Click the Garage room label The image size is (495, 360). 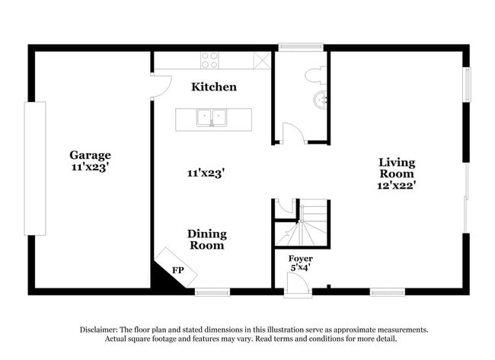[x=91, y=155]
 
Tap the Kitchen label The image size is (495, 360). [x=213, y=87]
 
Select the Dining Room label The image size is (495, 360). [x=206, y=240]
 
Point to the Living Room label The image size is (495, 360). [x=397, y=167]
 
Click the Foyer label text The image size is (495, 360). [x=300, y=259]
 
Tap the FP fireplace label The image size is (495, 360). [x=177, y=270]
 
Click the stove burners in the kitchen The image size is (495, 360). [x=209, y=60]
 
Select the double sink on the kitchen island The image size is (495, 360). [x=214, y=118]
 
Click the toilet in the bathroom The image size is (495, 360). [x=315, y=75]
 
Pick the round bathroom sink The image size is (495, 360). [x=321, y=99]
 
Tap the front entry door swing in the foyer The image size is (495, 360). [x=298, y=285]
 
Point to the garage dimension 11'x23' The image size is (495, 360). [x=91, y=167]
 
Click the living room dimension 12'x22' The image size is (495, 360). [x=397, y=184]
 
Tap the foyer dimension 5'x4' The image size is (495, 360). [x=300, y=268]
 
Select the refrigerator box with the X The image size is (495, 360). [x=262, y=60]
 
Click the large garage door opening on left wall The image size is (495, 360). [x=35, y=167]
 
